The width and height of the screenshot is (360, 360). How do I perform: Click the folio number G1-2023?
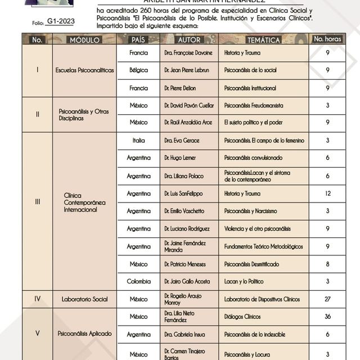[60, 21]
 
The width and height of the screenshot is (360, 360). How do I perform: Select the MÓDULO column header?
[84, 40]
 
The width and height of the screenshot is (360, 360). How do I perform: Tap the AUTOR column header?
[189, 40]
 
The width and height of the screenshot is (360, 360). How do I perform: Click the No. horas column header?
[327, 39]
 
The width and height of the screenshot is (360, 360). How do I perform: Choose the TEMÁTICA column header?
[263, 40]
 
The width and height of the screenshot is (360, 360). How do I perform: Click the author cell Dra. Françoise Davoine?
[188, 53]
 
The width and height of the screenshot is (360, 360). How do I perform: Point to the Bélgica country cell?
[138, 70]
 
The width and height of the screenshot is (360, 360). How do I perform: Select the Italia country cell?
[138, 140]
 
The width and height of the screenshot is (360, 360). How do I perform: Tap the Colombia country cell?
[138, 281]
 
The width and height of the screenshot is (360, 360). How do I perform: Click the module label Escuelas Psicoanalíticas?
[84, 70]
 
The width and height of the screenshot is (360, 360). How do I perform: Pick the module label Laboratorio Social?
[84, 299]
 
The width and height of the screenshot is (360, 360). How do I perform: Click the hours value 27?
[327, 299]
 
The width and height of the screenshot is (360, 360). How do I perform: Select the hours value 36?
[327, 317]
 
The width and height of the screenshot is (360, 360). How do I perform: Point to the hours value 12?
[327, 193]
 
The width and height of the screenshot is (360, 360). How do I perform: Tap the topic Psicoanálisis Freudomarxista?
[254, 106]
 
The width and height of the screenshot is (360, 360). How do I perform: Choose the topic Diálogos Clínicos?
[242, 317]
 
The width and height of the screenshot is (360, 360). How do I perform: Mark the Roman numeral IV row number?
[37, 299]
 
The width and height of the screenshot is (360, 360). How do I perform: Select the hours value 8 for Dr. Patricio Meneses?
[327, 264]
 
